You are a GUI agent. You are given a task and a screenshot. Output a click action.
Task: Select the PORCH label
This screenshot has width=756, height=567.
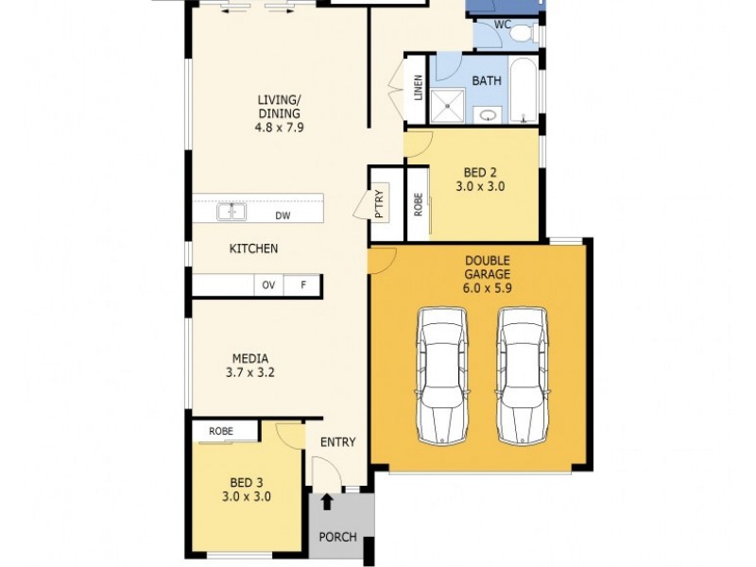click(x=337, y=537)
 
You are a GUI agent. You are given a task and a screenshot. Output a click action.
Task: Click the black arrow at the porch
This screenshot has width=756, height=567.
click(x=328, y=501)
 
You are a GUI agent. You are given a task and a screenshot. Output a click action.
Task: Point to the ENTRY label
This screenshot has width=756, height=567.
click(x=337, y=442)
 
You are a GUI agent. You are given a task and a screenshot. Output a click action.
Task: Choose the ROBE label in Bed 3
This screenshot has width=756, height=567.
click(x=221, y=431)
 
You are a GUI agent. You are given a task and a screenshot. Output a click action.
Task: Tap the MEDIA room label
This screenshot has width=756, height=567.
click(x=250, y=365)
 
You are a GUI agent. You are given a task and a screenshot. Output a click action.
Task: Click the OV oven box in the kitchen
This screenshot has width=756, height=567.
click(x=268, y=285)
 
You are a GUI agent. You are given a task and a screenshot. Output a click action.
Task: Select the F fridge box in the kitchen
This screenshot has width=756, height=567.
click(x=303, y=285)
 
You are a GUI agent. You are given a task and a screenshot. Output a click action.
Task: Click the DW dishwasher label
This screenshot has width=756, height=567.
click(x=283, y=215)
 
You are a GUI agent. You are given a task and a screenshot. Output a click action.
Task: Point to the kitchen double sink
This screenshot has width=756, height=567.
click(x=232, y=213)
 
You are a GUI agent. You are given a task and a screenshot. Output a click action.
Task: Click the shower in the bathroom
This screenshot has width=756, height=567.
click(x=449, y=106)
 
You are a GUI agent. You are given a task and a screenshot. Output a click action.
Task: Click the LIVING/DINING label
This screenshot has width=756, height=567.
click(x=279, y=112)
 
